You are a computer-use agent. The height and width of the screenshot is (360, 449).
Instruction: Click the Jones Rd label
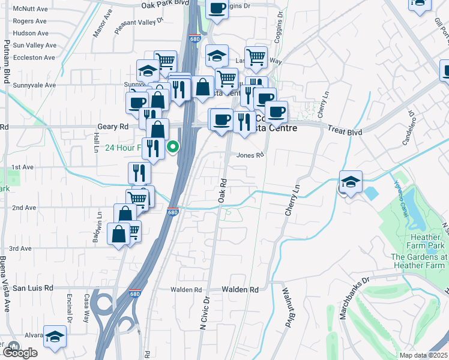point(250,155)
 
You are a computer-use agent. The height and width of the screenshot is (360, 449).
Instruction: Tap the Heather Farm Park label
point(418,242)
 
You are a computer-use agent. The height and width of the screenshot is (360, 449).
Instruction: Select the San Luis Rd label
point(33,288)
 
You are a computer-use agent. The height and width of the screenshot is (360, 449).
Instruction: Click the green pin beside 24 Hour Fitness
point(173,146)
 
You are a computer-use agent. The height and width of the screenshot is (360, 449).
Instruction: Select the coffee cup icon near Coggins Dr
point(217,8)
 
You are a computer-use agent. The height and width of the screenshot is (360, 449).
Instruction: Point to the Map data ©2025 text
point(424,355)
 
